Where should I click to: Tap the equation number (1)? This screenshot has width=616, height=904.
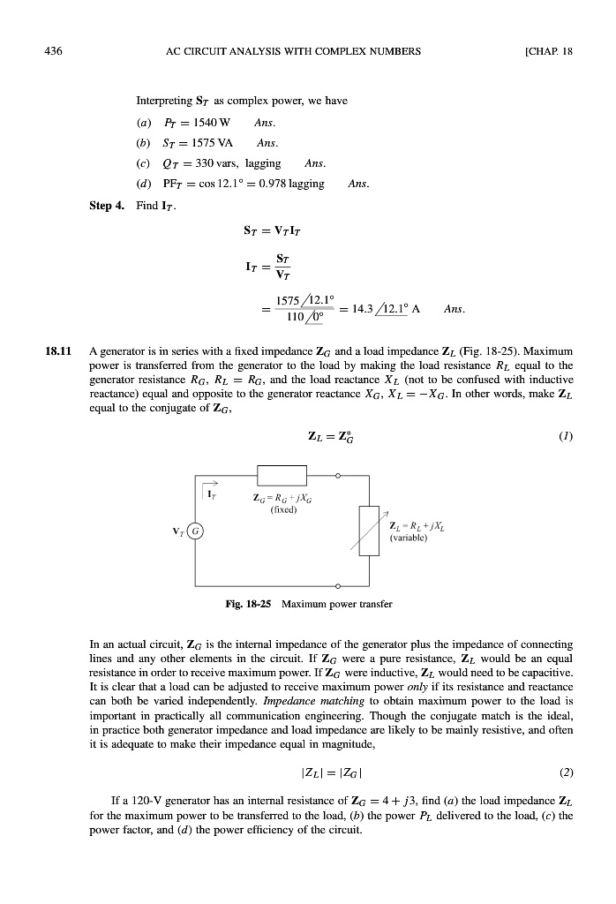564,435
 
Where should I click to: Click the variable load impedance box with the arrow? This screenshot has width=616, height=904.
371,531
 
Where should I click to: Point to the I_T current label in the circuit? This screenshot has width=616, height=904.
212,495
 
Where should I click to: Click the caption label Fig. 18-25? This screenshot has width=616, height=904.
246,606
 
